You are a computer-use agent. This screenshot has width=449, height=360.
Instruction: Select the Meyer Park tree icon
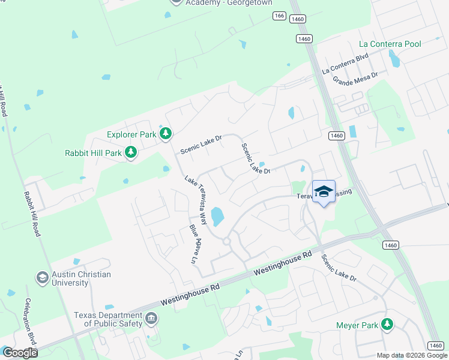tap(388, 325)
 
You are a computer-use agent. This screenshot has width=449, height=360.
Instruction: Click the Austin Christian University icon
tap(42, 278)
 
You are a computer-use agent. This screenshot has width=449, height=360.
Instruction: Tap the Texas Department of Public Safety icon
tap(151, 319)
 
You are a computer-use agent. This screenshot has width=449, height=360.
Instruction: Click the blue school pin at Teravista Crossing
tap(324, 192)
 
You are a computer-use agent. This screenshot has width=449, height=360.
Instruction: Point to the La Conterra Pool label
tap(390, 44)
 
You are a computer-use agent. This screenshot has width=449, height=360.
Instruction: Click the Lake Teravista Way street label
tap(196, 200)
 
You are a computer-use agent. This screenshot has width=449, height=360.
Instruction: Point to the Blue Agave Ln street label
tap(193, 244)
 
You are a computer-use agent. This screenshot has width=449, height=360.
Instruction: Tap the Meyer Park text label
tap(358, 326)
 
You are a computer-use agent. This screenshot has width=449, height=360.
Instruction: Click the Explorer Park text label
tap(131, 135)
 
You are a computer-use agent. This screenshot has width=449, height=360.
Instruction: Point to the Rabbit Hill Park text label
tap(93, 153)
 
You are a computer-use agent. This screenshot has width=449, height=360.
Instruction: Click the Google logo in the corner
tap(20, 353)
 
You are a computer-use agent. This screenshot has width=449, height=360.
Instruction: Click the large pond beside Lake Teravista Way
tap(217, 216)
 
